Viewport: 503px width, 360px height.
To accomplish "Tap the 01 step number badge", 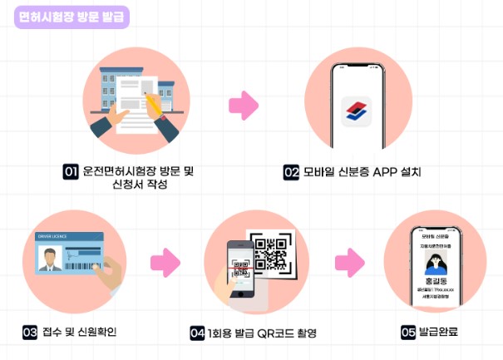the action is [x=71, y=172].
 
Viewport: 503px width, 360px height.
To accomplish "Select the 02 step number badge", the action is [x=291, y=173].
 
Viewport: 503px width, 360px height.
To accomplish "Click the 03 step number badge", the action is [x=30, y=333].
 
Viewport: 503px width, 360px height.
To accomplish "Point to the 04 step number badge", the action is [x=197, y=333].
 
